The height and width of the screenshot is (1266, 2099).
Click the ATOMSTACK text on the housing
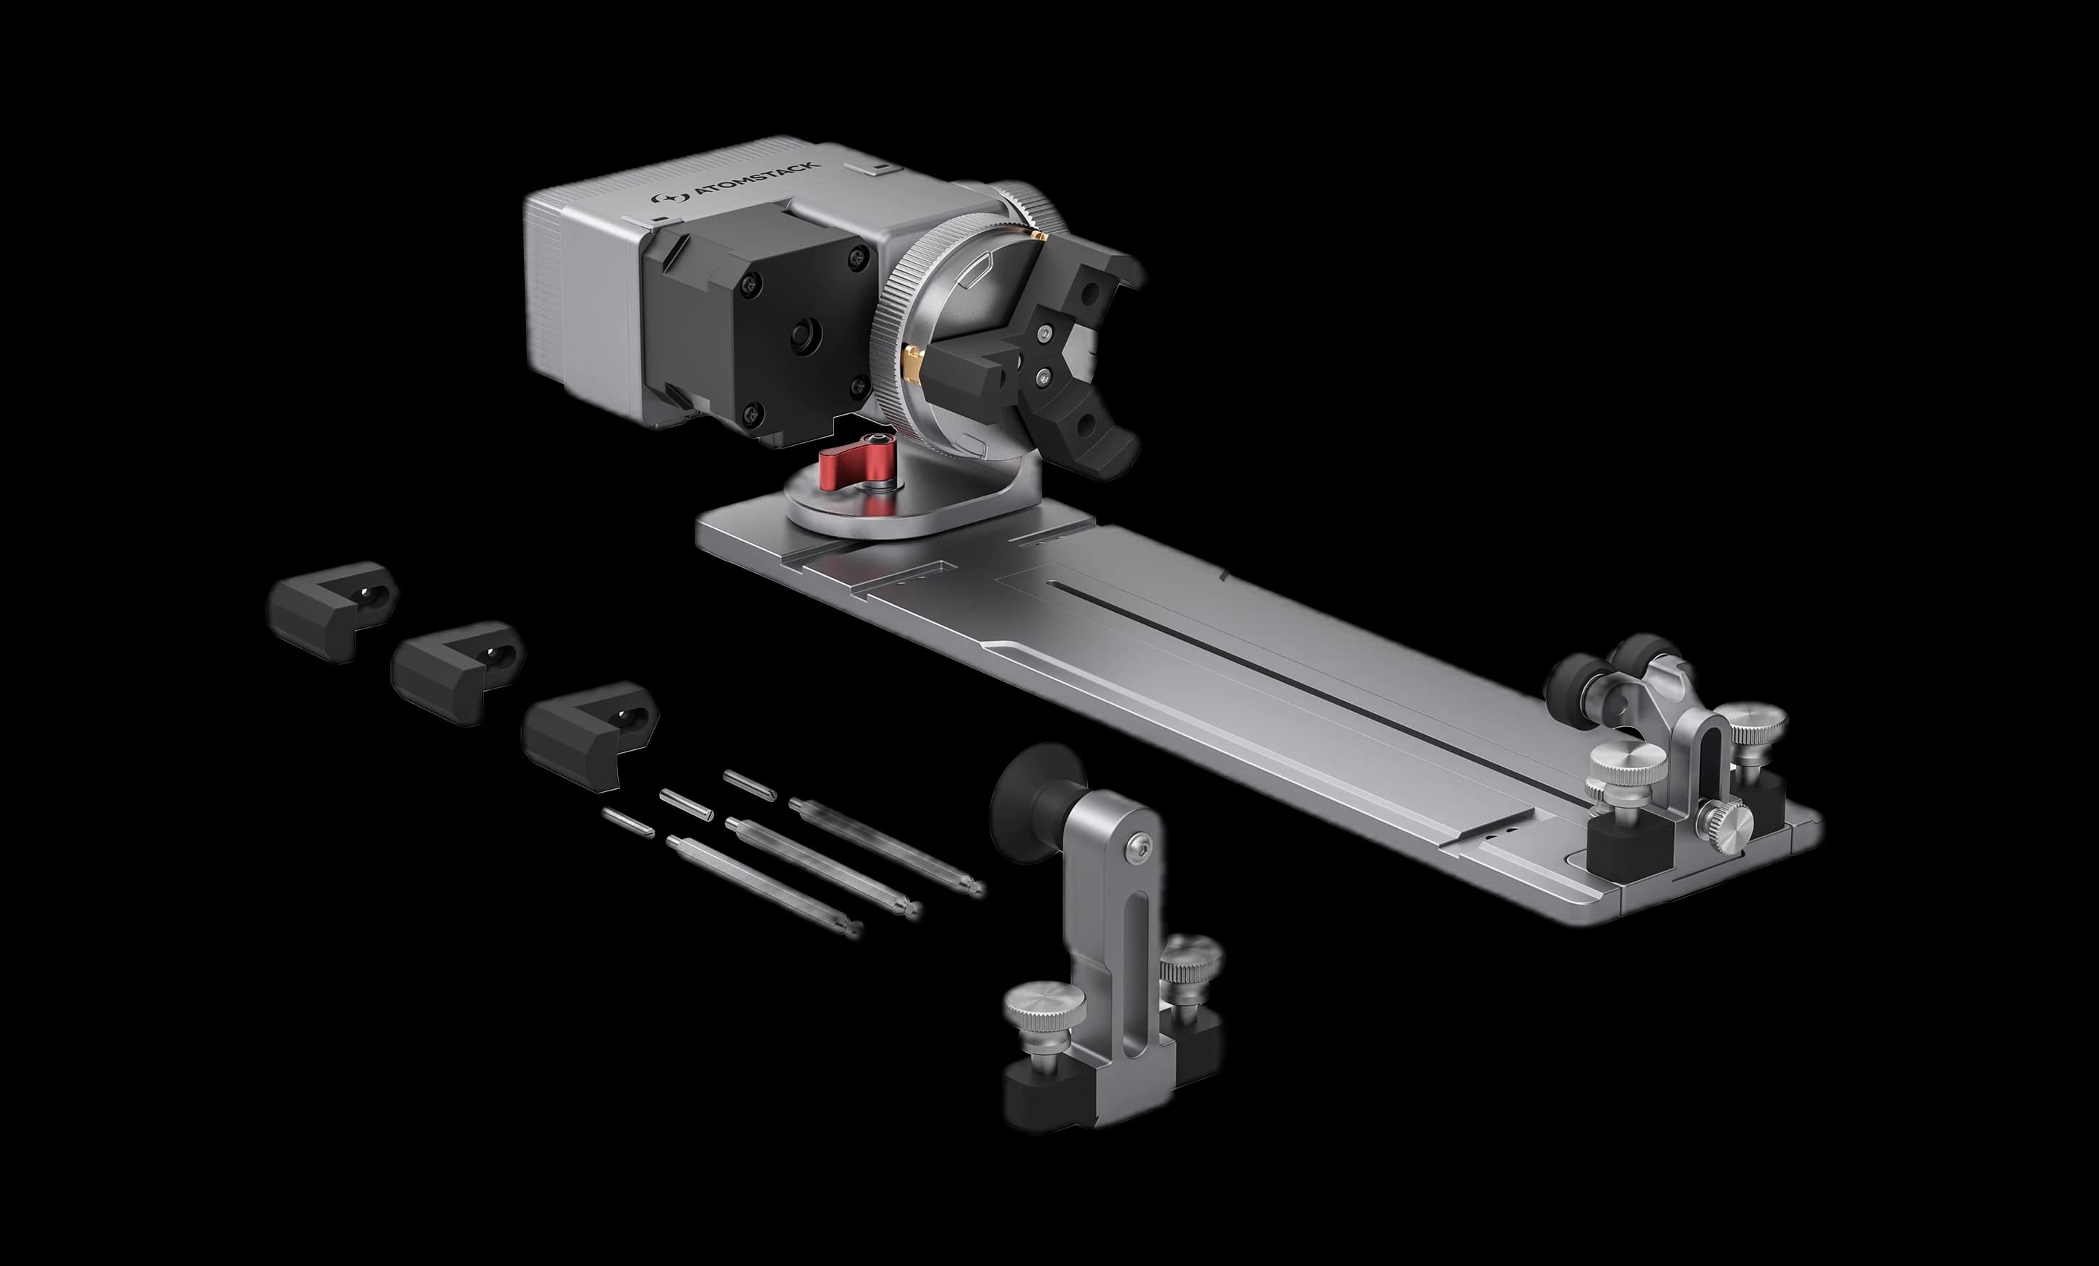[x=757, y=181]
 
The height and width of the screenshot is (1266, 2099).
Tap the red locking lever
[x=843, y=468]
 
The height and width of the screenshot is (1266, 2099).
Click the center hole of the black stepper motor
[x=804, y=336]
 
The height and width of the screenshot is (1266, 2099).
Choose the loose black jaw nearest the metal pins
[x=590, y=734]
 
